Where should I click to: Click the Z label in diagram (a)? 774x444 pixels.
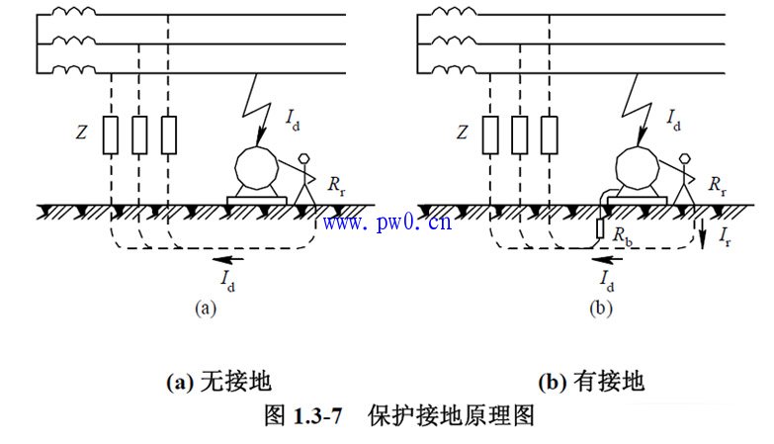tap(81, 133)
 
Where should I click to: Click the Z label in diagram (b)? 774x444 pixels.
tap(462, 133)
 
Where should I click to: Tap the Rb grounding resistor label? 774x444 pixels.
tap(622, 235)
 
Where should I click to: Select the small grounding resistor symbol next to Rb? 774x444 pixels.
tap(600, 228)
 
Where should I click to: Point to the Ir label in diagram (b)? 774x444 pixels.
tap(726, 237)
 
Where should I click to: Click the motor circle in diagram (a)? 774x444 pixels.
tap(256, 167)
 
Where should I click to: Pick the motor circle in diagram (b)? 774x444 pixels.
tap(638, 167)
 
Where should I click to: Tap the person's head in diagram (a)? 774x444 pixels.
tap(304, 158)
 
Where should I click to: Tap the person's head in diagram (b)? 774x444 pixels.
tap(685, 158)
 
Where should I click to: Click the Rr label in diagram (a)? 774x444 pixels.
tap(337, 186)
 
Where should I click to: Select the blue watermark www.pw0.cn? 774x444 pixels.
tap(387, 222)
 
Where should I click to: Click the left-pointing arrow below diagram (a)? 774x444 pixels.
tap(228, 259)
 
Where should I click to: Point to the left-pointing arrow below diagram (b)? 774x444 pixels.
tap(608, 259)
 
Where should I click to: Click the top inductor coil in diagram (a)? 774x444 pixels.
tap(74, 11)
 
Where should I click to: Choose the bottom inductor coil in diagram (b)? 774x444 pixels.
tap(455, 69)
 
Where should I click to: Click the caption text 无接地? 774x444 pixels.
tap(236, 382)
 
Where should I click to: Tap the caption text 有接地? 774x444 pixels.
tap(609, 382)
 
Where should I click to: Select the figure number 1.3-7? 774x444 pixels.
tap(317, 416)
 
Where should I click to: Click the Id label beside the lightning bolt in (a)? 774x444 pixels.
tap(293, 120)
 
